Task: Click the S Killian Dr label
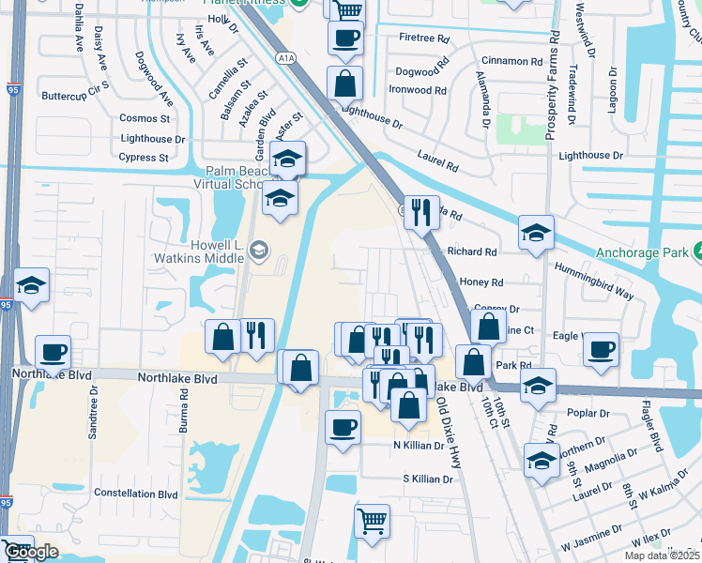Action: [427, 479]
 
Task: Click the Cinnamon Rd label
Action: [511, 62]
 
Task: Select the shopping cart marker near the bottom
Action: [372, 521]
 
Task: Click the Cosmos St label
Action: [145, 118]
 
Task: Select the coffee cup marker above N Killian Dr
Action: [343, 427]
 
